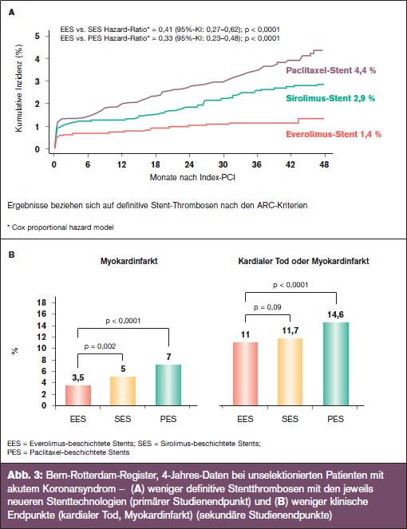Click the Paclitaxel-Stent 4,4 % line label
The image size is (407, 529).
coord(330,70)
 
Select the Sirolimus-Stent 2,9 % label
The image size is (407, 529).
coord(330,98)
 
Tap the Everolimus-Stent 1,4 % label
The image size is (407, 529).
coord(334,134)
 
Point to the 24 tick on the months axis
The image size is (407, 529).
coord(189,164)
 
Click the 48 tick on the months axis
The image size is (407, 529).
coord(324,164)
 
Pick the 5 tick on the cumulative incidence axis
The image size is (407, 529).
coord(38,36)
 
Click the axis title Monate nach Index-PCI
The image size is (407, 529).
coord(192,177)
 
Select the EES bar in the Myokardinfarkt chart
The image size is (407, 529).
coord(78,395)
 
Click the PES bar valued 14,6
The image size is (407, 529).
coord(336,364)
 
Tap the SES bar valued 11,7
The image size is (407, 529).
coord(290,372)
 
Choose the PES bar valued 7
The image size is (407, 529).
coord(168,385)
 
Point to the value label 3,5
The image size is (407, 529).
coord(78,377)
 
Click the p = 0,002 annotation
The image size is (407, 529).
coord(100,346)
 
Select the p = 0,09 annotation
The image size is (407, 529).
coord(267,307)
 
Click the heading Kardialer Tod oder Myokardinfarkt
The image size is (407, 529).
coord(303,261)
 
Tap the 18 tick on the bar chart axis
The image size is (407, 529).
coord(41,302)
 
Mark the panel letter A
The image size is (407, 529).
coord(11,13)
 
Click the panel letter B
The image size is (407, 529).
coord(11,255)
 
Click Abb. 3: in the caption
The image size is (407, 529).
coord(25,476)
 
